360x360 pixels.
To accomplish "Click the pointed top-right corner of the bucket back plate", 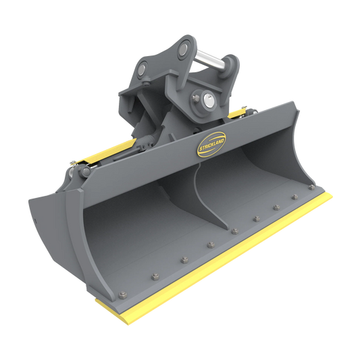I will coord(295,103).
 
